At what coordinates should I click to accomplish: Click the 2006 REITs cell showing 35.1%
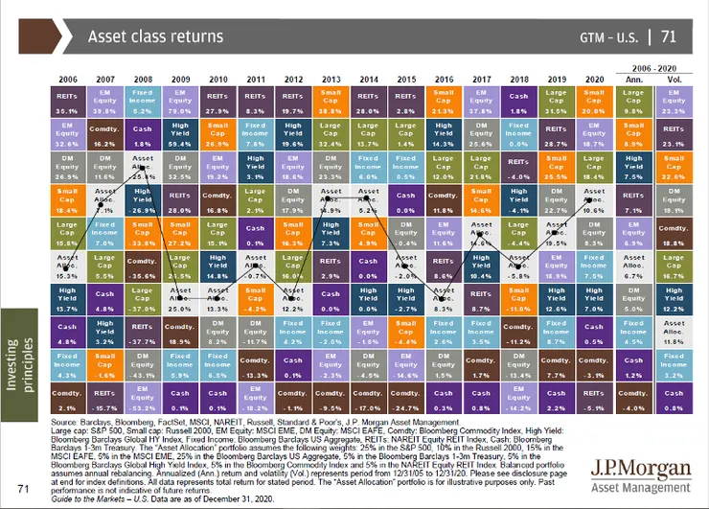coord(67,101)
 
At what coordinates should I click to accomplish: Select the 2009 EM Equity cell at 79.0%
coord(178,101)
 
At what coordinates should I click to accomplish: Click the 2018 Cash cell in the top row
coord(517,101)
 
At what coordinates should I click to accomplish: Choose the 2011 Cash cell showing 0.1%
coord(254,235)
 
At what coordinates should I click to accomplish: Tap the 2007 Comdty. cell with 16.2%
coord(103,134)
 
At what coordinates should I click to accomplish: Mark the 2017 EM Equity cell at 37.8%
coord(481,101)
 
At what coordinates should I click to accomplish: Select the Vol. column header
coord(673,78)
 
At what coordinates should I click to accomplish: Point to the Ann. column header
coord(632,78)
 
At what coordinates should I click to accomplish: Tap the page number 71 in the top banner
coord(669,37)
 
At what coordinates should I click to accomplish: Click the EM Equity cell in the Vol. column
coord(673,101)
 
